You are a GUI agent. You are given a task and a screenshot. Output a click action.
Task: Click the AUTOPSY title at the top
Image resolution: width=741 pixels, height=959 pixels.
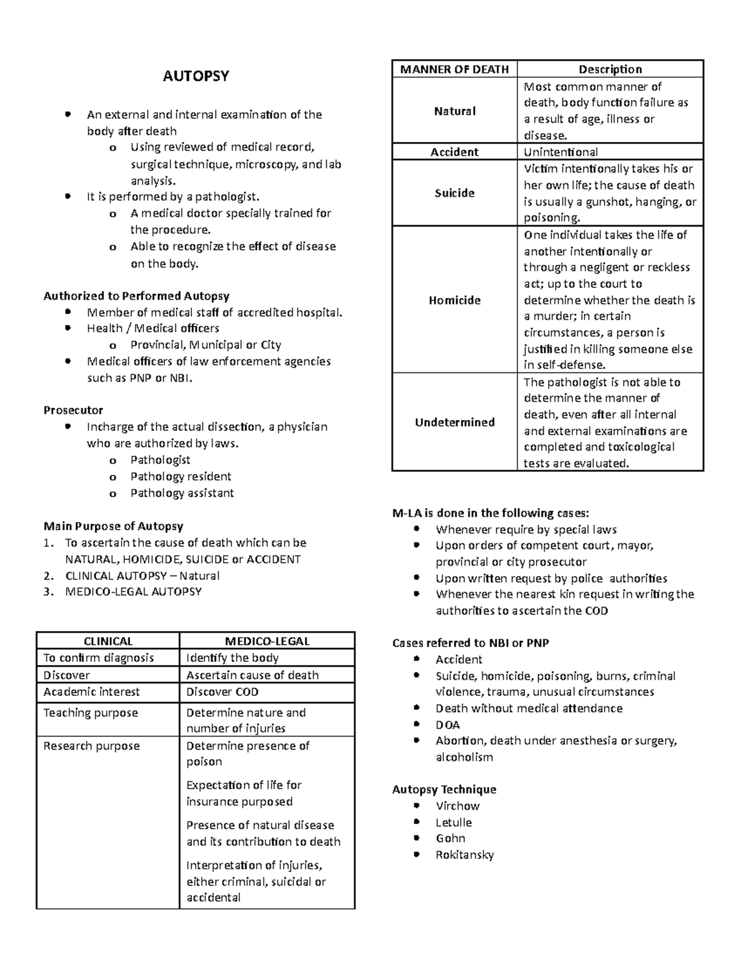(195, 76)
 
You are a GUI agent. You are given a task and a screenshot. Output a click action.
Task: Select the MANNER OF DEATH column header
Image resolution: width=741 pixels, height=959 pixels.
(454, 69)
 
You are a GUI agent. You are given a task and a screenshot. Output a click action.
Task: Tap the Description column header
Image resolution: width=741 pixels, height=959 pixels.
(609, 69)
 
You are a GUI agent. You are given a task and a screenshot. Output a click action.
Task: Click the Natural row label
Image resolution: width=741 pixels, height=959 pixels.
(454, 111)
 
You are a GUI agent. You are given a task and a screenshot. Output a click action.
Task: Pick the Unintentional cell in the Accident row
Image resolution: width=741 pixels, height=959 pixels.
(560, 152)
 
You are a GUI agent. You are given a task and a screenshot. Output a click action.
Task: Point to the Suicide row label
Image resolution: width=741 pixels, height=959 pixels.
(454, 193)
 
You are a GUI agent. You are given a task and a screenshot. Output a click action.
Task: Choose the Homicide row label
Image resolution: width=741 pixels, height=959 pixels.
(454, 300)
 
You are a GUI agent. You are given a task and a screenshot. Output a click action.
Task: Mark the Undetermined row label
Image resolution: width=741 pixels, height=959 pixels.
(454, 422)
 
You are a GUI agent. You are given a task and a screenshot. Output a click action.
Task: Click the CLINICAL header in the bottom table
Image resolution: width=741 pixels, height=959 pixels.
(108, 641)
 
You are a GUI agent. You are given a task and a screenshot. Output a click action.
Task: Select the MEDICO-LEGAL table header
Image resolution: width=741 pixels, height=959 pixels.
(267, 641)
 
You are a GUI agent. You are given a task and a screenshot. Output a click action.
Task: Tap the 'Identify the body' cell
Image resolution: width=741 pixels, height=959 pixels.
(232, 658)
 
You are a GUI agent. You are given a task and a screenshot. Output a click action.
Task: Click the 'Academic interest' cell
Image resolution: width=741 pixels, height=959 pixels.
(91, 692)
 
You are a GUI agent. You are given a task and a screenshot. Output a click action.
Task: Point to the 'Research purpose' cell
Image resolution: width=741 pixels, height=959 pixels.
(91, 746)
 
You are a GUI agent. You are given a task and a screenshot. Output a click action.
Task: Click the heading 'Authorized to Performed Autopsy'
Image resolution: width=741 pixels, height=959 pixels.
(136, 296)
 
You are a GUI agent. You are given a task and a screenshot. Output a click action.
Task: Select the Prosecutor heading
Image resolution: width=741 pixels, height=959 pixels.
(73, 410)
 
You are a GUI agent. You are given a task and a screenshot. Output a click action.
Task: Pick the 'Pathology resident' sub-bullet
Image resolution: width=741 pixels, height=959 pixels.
(180, 476)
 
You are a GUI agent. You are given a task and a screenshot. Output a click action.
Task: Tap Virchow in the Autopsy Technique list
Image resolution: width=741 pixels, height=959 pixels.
(457, 806)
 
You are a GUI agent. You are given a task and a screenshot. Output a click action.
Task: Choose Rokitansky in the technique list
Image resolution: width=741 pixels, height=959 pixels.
(464, 855)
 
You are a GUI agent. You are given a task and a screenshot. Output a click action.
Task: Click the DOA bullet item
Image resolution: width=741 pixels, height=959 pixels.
(447, 725)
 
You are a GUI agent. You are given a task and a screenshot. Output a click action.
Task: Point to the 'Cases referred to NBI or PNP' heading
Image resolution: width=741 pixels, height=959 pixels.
(471, 643)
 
